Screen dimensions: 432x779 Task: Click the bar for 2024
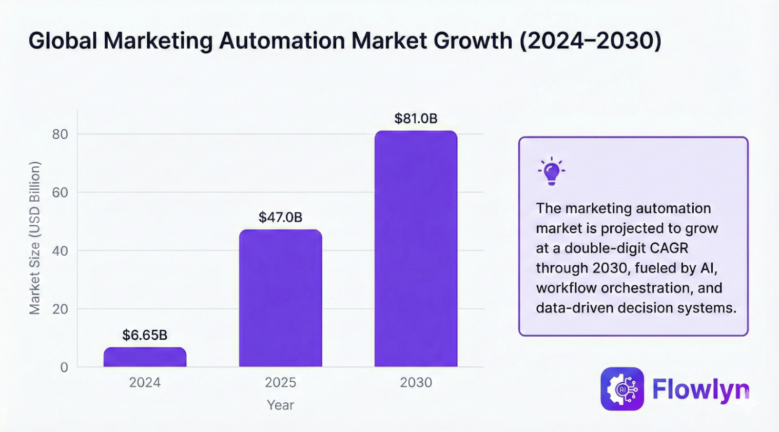pos(145,357)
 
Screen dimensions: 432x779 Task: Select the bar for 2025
pos(281,298)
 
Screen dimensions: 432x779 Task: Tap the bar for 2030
pos(416,249)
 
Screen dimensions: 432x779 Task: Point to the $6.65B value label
pos(145,335)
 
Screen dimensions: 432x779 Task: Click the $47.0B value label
pos(281,217)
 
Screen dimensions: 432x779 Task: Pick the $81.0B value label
pos(416,119)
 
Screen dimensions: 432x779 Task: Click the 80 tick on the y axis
pos(60,134)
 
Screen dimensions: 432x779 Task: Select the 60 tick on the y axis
pos(60,192)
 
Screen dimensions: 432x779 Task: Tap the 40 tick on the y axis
pos(60,251)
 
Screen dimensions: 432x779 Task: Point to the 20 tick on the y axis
pos(60,309)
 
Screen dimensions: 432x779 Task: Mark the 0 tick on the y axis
pos(64,367)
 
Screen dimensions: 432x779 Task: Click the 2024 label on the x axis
pos(145,383)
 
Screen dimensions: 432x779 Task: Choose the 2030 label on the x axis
pos(416,383)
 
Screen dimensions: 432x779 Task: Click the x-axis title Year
pos(281,405)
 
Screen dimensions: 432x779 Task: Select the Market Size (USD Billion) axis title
pos(34,238)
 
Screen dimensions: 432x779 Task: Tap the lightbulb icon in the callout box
pos(552,171)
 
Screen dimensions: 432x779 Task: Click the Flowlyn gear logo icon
pos(622,389)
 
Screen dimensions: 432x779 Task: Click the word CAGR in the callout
pos(669,248)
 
